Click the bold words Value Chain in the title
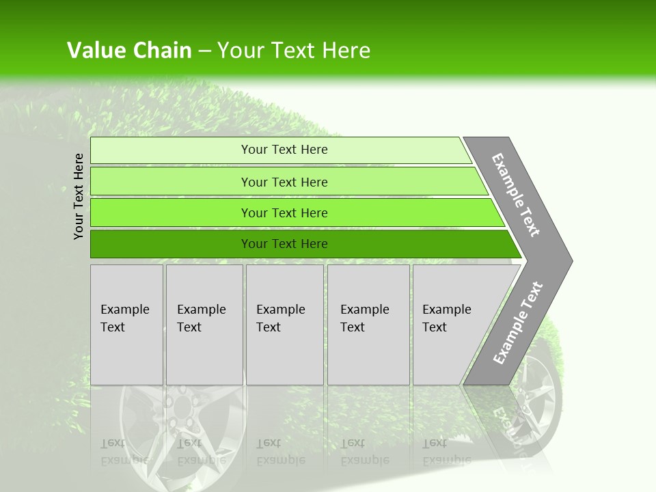129,51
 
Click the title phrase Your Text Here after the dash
294,51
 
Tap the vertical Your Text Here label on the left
79,196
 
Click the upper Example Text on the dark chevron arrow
516,195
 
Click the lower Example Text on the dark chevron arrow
518,323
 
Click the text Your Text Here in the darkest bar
284,244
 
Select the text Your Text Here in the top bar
284,150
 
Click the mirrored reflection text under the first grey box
124,452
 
